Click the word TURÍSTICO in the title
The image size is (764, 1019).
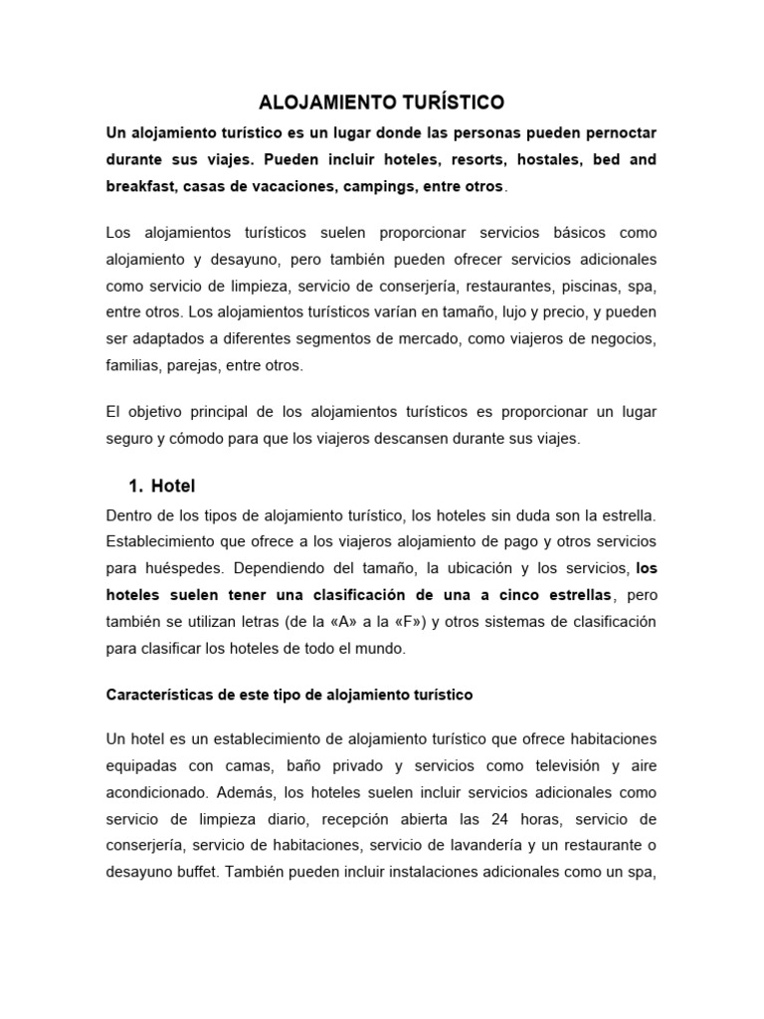[446, 102]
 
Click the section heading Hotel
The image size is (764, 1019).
[173, 486]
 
